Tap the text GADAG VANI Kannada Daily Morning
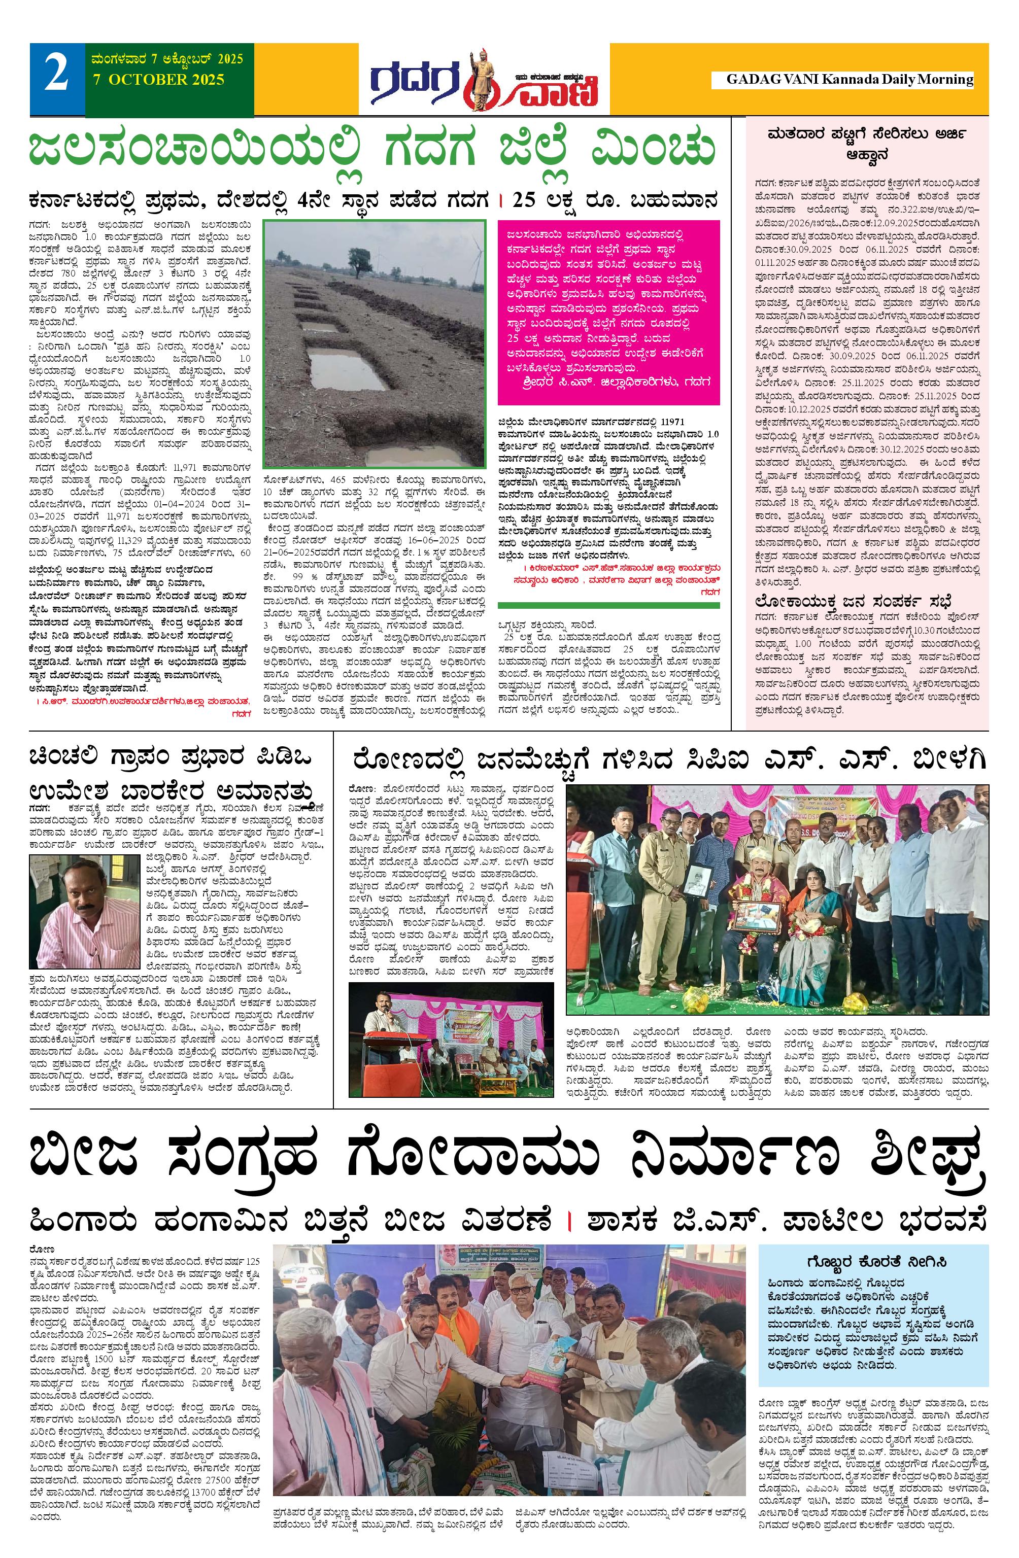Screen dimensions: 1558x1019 coord(850,80)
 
